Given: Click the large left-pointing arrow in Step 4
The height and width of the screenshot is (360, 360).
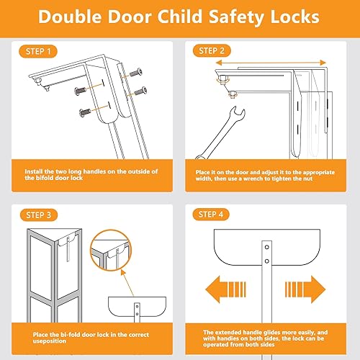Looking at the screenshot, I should pyautogui.click(x=223, y=291).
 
